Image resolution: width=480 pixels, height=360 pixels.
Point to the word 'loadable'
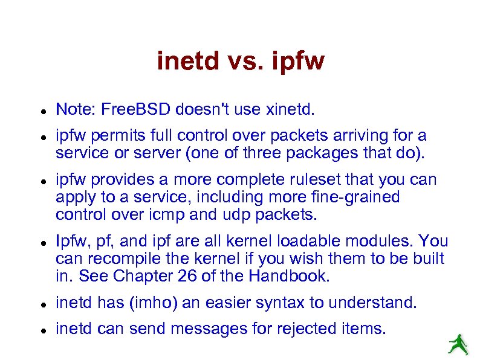pyautogui.click(x=307, y=242)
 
